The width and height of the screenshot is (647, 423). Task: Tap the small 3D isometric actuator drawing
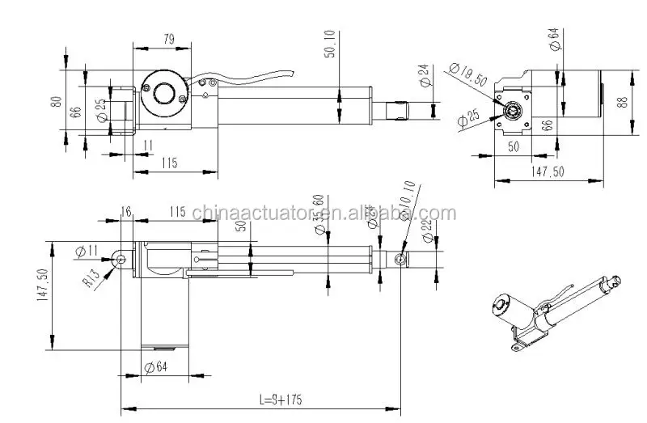click(550, 311)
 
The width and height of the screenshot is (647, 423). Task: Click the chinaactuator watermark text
click(323, 214)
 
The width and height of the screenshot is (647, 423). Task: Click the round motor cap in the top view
click(164, 91)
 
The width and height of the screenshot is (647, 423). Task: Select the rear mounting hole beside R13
click(121, 258)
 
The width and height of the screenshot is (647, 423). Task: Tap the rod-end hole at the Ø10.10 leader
click(400, 259)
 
